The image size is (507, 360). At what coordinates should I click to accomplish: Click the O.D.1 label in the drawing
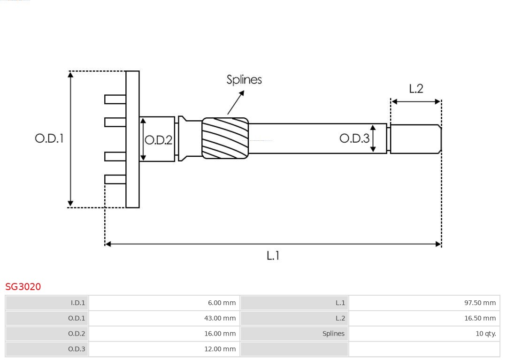point(49,138)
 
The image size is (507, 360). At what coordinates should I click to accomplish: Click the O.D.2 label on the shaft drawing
point(159,140)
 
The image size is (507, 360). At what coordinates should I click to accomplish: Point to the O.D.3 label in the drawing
point(354,138)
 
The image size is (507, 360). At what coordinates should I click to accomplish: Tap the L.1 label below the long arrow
point(273,255)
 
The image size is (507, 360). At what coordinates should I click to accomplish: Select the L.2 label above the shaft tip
point(416,89)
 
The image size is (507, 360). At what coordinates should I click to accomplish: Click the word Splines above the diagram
point(244,80)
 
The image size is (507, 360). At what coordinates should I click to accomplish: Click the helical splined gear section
point(225,138)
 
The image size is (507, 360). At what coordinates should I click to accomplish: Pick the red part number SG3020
point(23,286)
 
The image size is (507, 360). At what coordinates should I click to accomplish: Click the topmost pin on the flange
point(115,99)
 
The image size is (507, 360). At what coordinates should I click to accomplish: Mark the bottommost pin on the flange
point(115,179)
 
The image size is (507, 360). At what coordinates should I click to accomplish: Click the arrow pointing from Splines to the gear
point(236,102)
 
